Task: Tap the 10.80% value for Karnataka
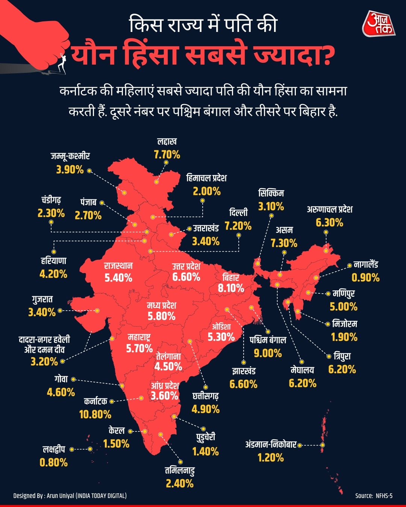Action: tap(95, 415)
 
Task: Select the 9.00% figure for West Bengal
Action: tap(268, 353)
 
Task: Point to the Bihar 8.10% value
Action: tap(231, 288)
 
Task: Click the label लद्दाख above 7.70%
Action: tap(167, 142)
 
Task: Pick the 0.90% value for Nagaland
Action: tap(365, 278)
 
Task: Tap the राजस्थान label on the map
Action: tap(118, 266)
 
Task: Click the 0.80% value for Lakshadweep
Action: tap(54, 462)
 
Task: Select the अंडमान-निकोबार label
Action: tap(271, 445)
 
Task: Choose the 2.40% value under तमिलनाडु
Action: tap(180, 483)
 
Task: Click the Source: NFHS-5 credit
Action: tap(374, 496)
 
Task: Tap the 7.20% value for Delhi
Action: tap(238, 226)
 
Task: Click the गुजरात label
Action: tap(42, 299)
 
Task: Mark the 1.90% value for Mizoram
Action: tap(344, 337)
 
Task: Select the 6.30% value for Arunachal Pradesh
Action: tap(329, 223)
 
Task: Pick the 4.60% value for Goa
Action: tap(61, 392)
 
